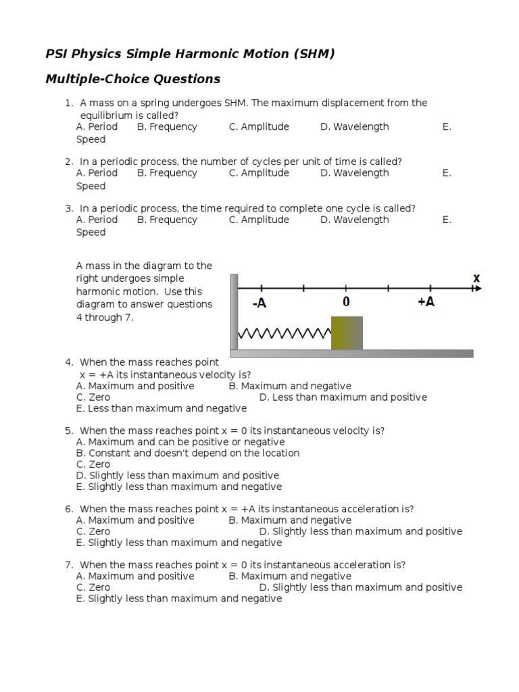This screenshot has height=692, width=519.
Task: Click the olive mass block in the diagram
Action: (347, 332)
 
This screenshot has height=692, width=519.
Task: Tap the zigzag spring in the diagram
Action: (284, 333)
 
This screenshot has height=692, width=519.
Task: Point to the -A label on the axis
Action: (259, 303)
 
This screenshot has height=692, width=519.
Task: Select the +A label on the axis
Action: (426, 302)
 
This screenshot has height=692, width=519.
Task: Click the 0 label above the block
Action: (346, 302)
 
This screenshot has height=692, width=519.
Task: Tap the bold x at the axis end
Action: (476, 278)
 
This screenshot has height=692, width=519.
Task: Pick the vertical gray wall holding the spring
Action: (234, 312)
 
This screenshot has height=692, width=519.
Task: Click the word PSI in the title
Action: (58, 54)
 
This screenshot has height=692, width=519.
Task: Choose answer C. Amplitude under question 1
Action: (259, 126)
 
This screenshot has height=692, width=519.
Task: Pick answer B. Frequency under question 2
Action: (167, 173)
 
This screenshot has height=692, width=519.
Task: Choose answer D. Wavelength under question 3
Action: (354, 220)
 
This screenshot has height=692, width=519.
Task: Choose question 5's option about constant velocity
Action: (188, 453)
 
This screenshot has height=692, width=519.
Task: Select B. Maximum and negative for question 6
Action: (290, 520)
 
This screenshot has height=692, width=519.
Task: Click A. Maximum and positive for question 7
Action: (135, 576)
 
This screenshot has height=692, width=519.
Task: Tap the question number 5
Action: (69, 430)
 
